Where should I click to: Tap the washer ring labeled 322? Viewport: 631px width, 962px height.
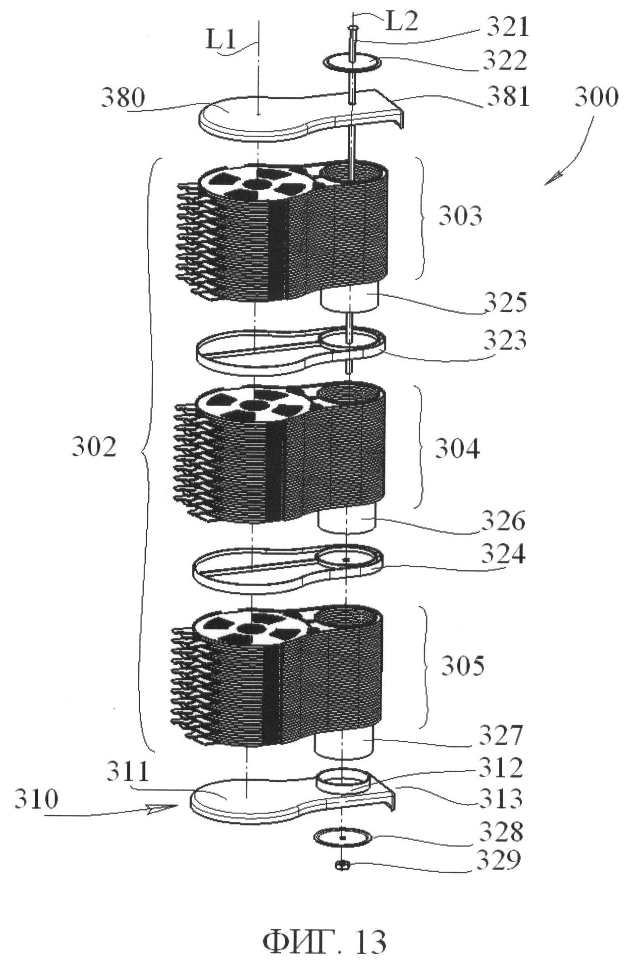(x=353, y=63)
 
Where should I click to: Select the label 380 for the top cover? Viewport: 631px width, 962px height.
(x=123, y=99)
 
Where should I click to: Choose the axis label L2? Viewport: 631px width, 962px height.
(x=401, y=23)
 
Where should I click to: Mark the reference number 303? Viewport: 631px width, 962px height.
(x=460, y=216)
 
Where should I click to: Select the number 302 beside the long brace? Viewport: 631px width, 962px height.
(x=94, y=448)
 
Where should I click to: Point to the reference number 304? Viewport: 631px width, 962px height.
(x=457, y=448)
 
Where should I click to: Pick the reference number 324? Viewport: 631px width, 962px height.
(x=503, y=554)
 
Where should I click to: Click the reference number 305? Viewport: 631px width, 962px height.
(x=462, y=666)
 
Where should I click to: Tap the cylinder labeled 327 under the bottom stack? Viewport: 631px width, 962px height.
(x=343, y=745)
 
